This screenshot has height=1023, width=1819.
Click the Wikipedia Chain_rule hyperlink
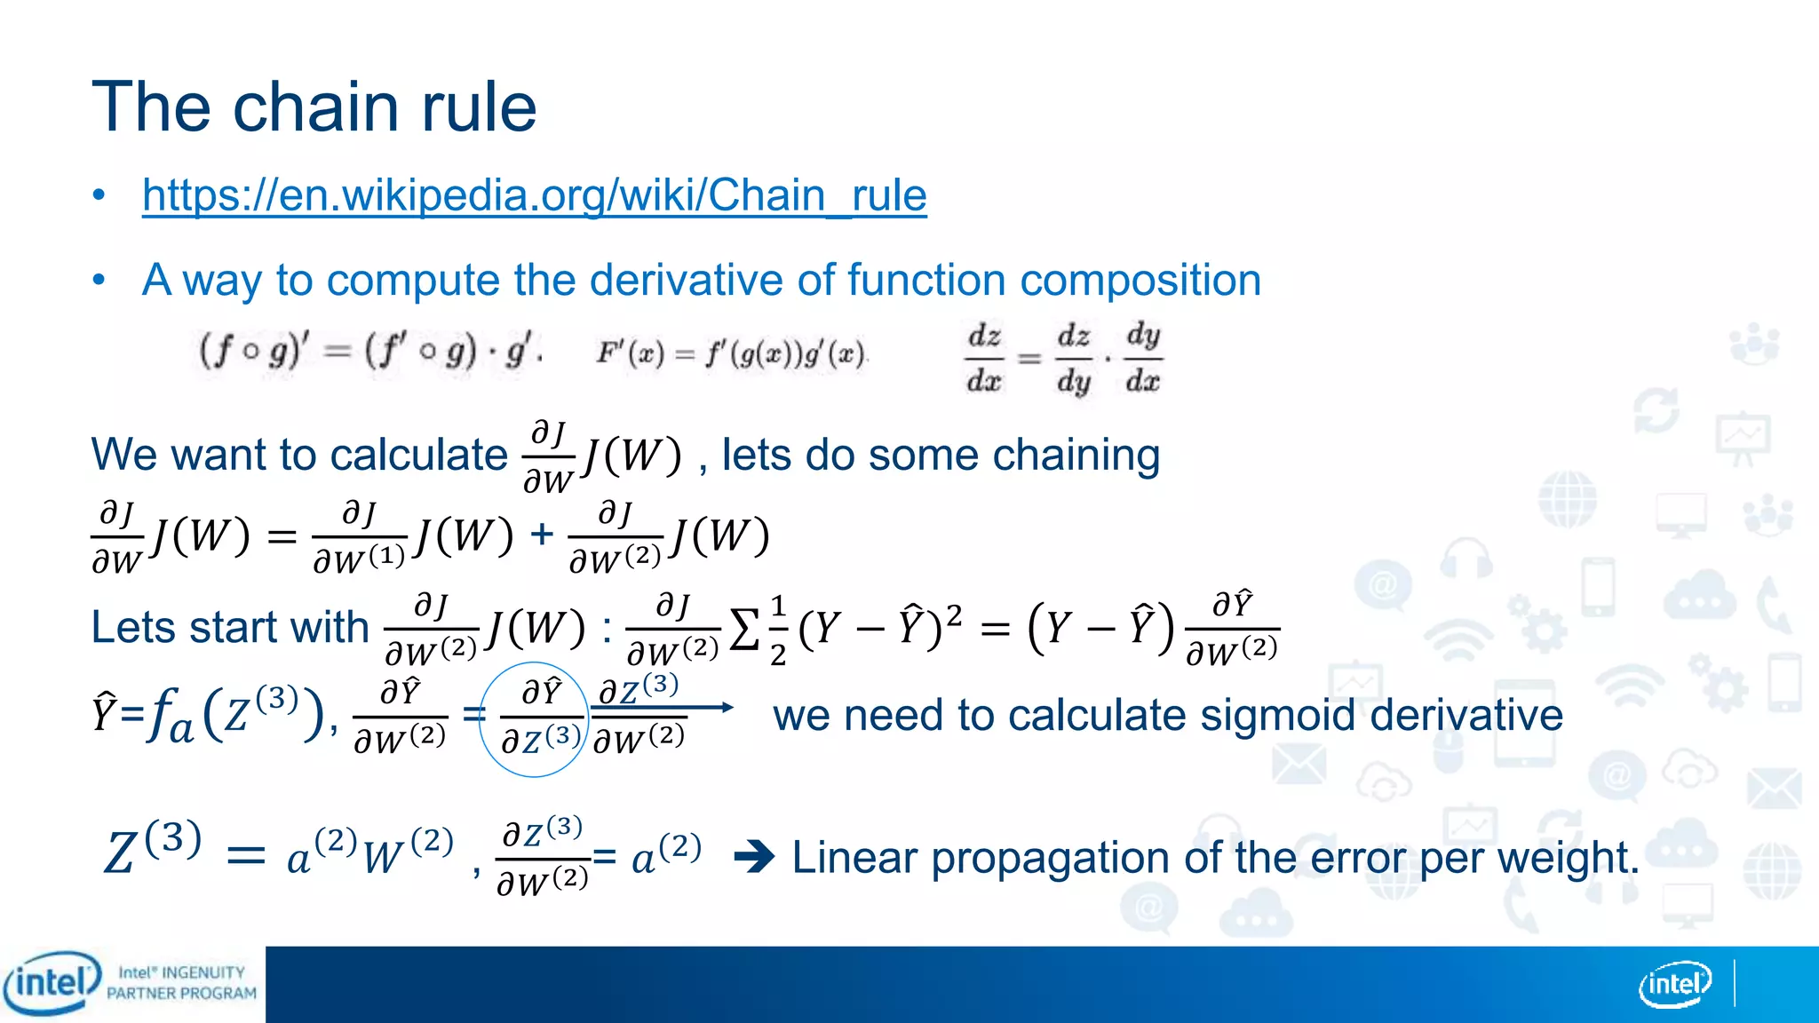534,195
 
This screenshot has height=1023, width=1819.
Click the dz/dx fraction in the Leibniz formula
984,359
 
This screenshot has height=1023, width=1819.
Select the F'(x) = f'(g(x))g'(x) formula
731,354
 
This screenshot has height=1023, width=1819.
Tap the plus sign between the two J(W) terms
541,535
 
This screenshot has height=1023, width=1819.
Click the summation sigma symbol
744,630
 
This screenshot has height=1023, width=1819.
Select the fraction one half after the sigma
778,630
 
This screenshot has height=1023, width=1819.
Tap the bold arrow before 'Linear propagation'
755,858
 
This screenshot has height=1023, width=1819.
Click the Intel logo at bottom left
52,983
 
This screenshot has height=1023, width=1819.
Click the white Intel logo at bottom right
1675,984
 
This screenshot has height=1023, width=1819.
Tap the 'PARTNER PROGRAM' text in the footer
181,994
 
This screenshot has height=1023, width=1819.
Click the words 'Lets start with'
229,628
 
